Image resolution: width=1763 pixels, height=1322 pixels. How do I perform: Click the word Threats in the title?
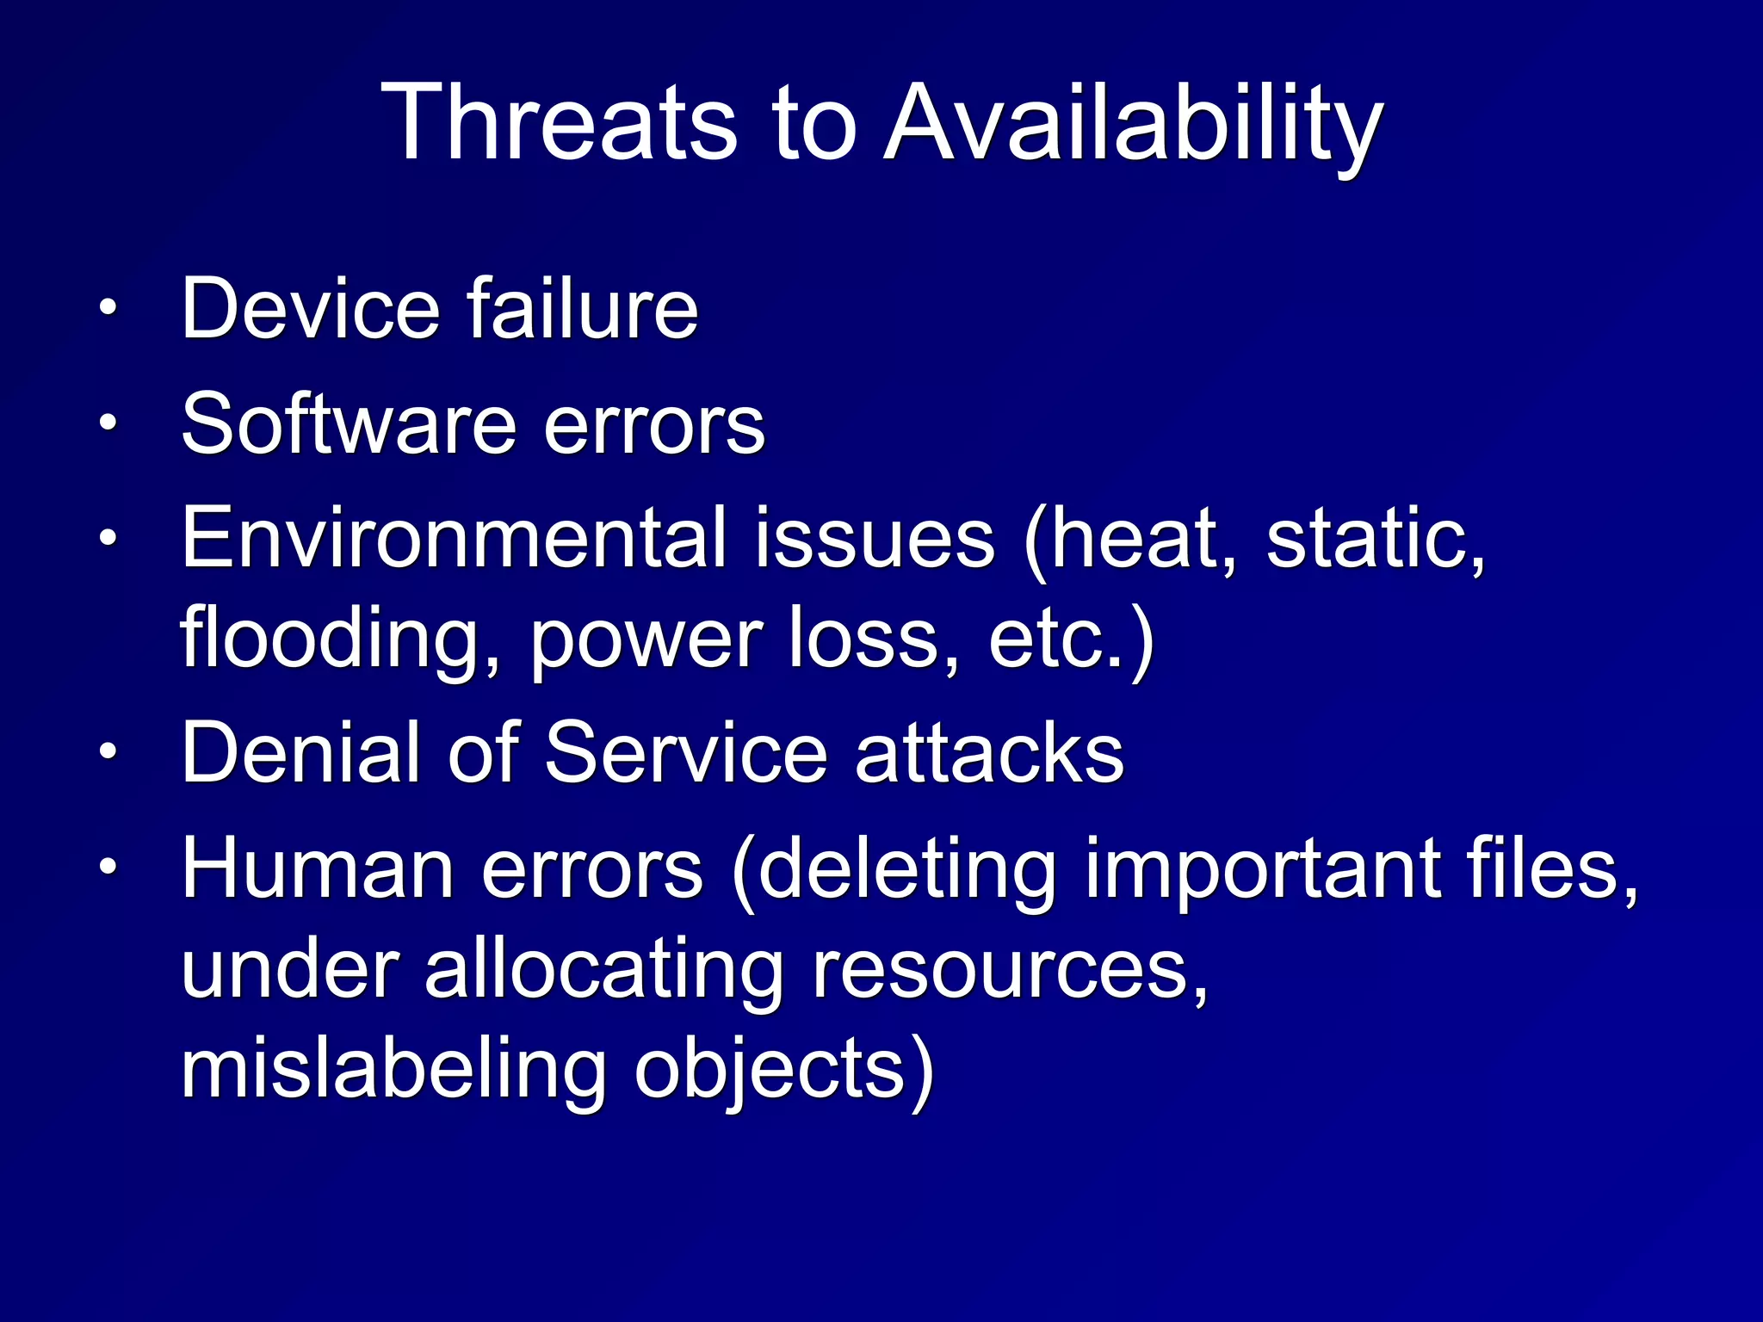click(560, 122)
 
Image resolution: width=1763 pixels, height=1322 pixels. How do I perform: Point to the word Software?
click(349, 423)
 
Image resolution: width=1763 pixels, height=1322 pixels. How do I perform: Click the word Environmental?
click(455, 538)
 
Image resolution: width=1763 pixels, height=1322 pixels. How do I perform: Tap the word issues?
click(875, 538)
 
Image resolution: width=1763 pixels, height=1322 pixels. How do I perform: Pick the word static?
click(1375, 538)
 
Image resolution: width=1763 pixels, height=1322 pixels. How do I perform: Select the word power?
click(646, 639)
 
